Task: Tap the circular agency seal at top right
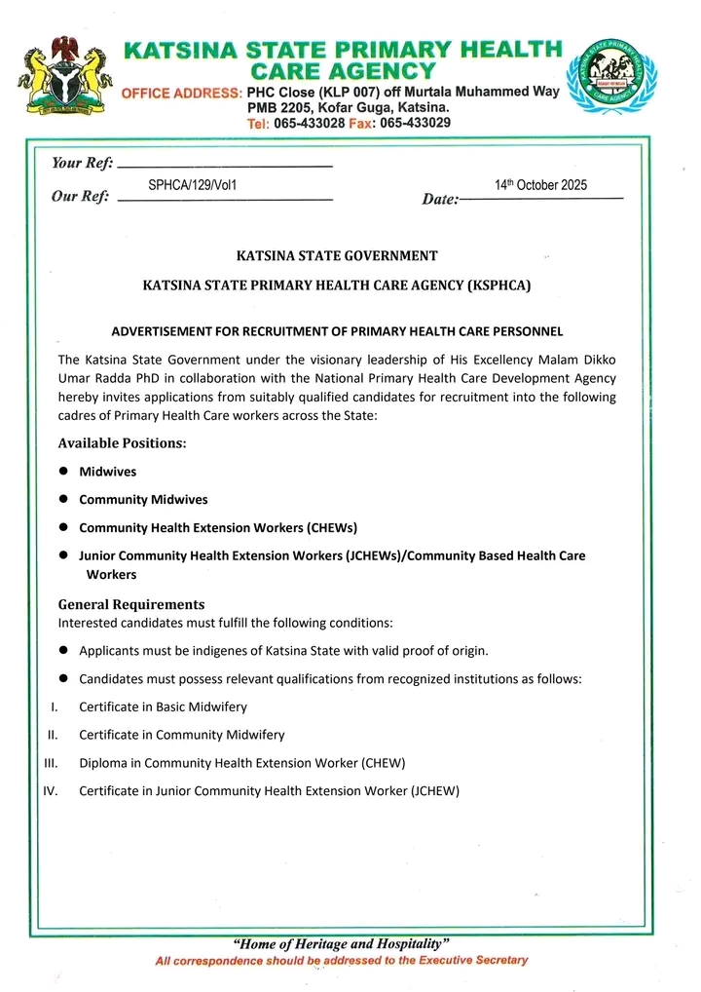[611, 77]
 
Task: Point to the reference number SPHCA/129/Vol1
[193, 184]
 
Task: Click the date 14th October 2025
[540, 185]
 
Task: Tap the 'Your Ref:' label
[82, 163]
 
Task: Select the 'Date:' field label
[440, 200]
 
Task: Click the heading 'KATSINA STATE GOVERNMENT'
[337, 256]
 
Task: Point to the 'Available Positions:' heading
[122, 443]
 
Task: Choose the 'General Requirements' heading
[131, 604]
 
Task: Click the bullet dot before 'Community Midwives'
[63, 499]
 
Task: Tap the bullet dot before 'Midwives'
[63, 471]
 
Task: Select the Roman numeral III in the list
[53, 763]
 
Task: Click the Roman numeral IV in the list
[51, 791]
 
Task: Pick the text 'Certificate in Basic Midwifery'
[163, 706]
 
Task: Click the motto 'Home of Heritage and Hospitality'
[341, 943]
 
